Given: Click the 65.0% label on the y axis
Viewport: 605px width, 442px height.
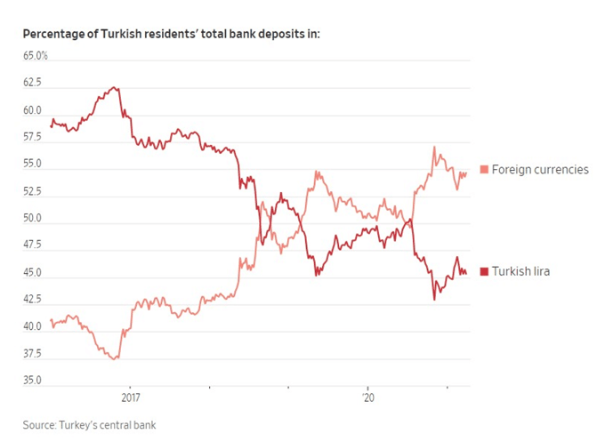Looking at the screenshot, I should pyautogui.click(x=36, y=56).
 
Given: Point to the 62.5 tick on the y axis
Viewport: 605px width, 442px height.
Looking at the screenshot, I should pyautogui.click(x=32, y=83).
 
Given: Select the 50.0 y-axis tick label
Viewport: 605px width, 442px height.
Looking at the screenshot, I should pyautogui.click(x=32, y=219).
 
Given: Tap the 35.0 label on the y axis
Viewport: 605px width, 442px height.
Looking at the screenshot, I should pyautogui.click(x=32, y=381).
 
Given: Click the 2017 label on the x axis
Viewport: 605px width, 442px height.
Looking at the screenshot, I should pyautogui.click(x=130, y=398).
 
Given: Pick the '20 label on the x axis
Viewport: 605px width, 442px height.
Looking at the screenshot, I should pyautogui.click(x=367, y=398).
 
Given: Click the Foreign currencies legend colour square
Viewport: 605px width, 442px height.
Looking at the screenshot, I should pyautogui.click(x=484, y=170).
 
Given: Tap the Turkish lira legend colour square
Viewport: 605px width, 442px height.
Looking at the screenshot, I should pyautogui.click(x=484, y=271).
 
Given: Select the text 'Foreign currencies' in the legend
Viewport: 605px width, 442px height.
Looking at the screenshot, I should pyautogui.click(x=540, y=170).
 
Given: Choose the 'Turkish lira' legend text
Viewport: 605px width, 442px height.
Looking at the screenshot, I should pyautogui.click(x=520, y=271).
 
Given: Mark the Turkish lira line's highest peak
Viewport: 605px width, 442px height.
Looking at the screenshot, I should pyautogui.click(x=113, y=87).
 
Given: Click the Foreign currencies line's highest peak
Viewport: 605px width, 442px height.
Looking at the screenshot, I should pyautogui.click(x=434, y=147).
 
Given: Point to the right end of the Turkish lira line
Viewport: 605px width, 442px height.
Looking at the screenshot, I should pyautogui.click(x=466, y=273).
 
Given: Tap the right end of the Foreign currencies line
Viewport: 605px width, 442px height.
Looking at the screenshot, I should pyautogui.click(x=466, y=173).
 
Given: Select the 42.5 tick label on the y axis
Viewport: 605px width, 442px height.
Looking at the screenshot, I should pyautogui.click(x=32, y=300).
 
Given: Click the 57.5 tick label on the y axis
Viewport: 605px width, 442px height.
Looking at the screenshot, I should pyautogui.click(x=32, y=138).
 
